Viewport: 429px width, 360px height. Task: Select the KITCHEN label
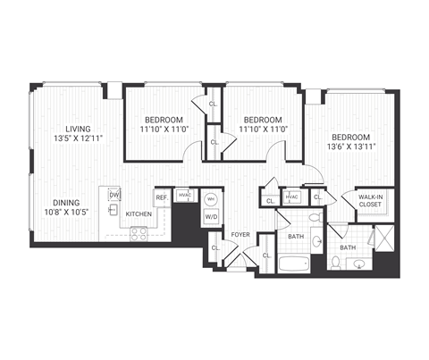pyautogui.click(x=138, y=214)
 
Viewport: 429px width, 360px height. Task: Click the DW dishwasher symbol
pyautogui.click(x=114, y=194)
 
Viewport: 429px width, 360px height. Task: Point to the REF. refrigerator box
pyautogui.click(x=162, y=197)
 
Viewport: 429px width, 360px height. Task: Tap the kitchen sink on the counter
pyautogui.click(x=113, y=212)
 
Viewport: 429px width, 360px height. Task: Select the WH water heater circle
pyautogui.click(x=211, y=199)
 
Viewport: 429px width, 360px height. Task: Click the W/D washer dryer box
pyautogui.click(x=212, y=215)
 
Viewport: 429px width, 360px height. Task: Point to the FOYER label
pyautogui.click(x=240, y=235)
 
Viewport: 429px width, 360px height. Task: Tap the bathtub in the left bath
pyautogui.click(x=295, y=264)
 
